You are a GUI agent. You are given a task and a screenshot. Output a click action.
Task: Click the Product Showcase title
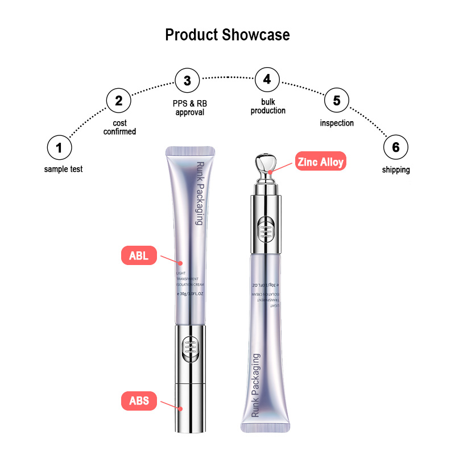(227, 35)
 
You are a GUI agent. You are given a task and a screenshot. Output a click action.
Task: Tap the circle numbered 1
(59, 148)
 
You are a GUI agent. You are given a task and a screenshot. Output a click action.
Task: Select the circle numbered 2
(118, 101)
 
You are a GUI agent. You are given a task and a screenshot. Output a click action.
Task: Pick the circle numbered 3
(187, 81)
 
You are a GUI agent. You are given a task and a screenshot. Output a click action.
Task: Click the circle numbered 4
(267, 80)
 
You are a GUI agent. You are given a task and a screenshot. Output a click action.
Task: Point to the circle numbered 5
(337, 101)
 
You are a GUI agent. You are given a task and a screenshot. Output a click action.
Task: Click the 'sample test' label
(63, 169)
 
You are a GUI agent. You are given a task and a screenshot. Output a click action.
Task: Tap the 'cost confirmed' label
(119, 127)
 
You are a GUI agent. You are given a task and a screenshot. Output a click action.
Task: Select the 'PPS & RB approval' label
(189, 108)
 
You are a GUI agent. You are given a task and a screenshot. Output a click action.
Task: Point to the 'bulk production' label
(268, 106)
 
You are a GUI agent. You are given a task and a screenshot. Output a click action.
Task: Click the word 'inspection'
(337, 123)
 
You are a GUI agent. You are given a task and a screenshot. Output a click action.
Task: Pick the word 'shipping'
(395, 169)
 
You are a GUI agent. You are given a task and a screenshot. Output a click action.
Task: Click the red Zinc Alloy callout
(321, 162)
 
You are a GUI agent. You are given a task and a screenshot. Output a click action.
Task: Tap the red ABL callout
(139, 255)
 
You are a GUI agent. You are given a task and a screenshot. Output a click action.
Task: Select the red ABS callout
(139, 401)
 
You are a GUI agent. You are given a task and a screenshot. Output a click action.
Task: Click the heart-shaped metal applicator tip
(266, 163)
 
